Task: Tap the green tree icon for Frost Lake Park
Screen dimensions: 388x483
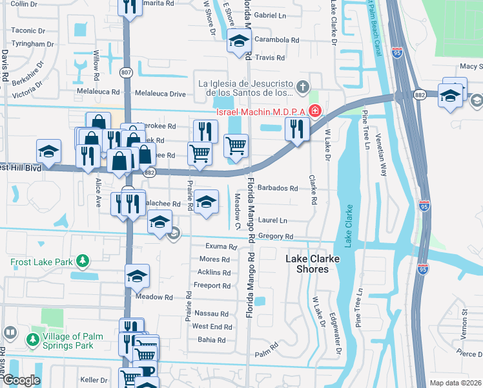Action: pyautogui.click(x=82, y=261)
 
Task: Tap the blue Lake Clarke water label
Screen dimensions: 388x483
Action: pyautogui.click(x=349, y=226)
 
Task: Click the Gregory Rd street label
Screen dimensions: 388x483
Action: pyautogui.click(x=276, y=237)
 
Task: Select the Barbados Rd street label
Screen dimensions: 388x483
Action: pyautogui.click(x=277, y=189)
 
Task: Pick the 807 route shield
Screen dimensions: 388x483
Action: pyautogui.click(x=127, y=73)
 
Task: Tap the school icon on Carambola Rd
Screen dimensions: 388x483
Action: pyautogui.click(x=238, y=41)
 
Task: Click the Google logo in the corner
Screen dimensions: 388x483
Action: pyautogui.click(x=21, y=380)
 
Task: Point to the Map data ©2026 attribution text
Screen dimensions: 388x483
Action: pyautogui.click(x=455, y=383)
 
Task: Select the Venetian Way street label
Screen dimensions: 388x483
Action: pyautogui.click(x=384, y=161)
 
